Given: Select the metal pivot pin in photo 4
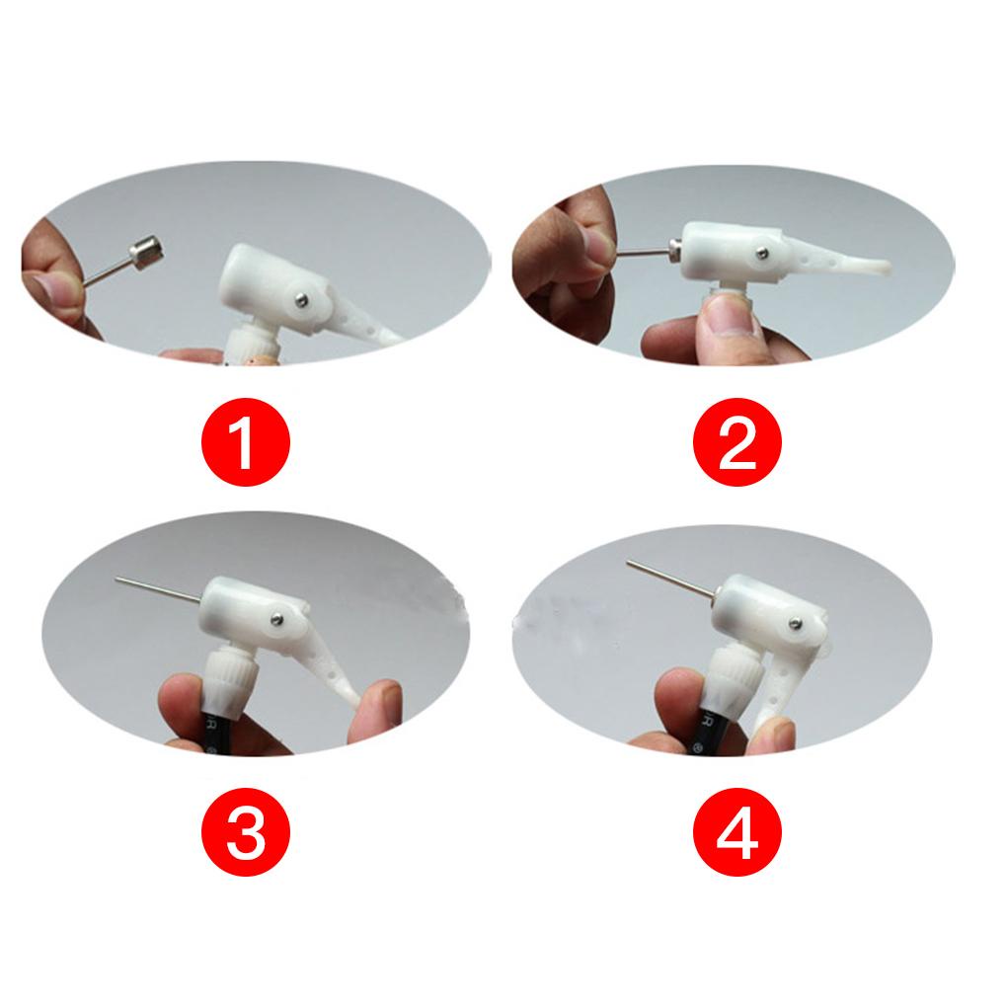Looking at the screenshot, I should [796, 621].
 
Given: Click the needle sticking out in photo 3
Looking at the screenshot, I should [158, 588].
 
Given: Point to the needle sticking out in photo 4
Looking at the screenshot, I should [671, 579].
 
